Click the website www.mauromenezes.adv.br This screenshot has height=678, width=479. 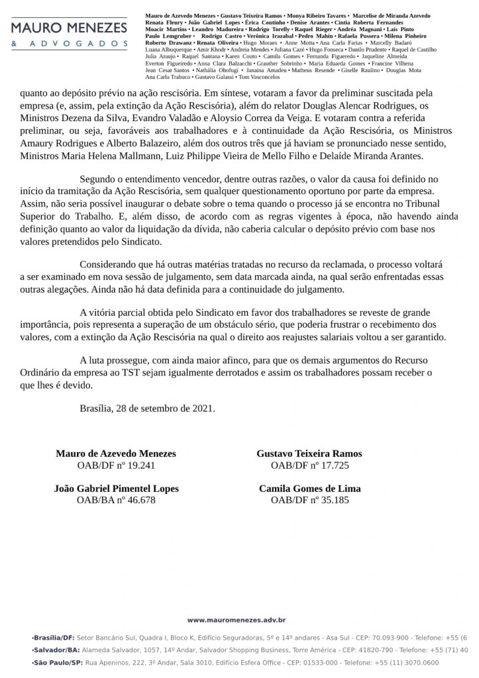[x=236, y=620]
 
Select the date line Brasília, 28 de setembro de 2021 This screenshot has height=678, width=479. [x=147, y=409]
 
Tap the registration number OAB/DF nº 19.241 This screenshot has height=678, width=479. [x=116, y=465]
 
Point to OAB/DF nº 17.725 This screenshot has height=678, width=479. [x=309, y=465]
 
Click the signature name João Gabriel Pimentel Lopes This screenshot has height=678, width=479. [x=116, y=489]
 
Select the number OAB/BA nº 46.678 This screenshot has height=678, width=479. [x=116, y=500]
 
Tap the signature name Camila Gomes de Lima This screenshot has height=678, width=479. [x=309, y=489]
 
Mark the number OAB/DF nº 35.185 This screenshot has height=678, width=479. [x=309, y=500]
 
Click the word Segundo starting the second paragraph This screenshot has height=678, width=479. [x=97, y=179]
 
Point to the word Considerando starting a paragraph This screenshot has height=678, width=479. [x=107, y=264]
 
